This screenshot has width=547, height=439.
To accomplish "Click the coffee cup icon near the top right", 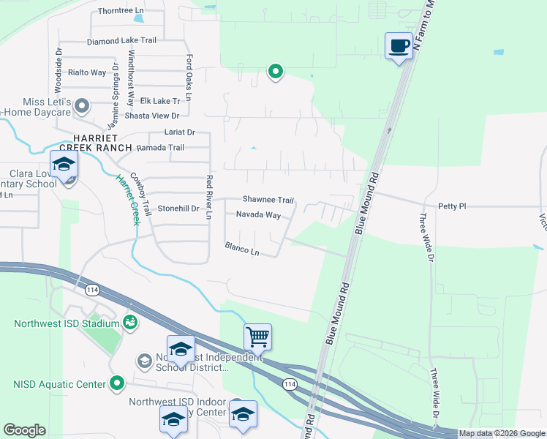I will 399,46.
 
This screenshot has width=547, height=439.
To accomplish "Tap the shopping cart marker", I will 257,337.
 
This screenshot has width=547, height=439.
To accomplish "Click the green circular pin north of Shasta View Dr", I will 276,72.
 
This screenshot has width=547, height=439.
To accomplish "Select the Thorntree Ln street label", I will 121,11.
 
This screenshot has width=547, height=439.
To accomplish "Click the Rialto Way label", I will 87,72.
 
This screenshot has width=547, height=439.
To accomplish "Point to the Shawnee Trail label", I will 268,200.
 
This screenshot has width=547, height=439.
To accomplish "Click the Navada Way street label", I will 258,215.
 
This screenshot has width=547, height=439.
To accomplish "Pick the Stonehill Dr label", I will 178,209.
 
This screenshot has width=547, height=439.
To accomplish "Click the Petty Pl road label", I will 451,206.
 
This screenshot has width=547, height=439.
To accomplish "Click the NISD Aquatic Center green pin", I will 117,383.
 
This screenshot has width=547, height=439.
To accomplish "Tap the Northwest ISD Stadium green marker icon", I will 130,322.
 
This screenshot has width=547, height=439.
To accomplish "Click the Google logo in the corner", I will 25,430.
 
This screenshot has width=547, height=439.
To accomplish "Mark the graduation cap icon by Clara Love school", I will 64,165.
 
